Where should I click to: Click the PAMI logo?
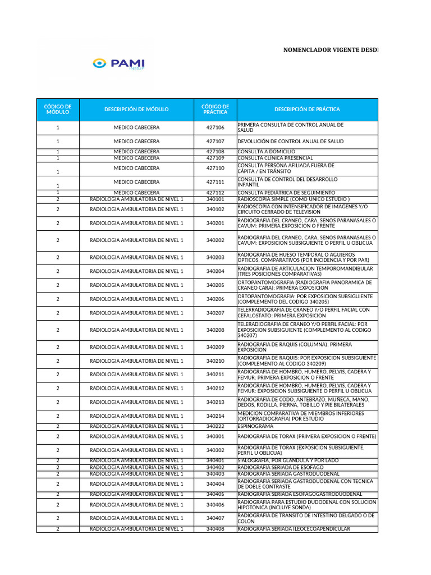point(118,63)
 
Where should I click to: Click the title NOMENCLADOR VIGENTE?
point(330,50)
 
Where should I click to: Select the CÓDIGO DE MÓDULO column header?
point(58,109)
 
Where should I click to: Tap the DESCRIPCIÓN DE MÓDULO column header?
point(136,109)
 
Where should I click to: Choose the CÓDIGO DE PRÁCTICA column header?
point(215,109)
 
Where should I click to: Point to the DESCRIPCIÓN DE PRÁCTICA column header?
point(307,109)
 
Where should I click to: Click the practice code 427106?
point(215,128)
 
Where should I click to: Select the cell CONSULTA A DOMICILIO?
point(267,152)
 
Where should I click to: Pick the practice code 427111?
point(215,182)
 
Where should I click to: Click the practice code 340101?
point(215,199)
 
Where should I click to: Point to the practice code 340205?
point(215,285)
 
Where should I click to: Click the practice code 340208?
point(215,330)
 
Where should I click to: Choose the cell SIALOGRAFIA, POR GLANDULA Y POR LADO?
point(288,460)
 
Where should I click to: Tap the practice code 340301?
point(215,436)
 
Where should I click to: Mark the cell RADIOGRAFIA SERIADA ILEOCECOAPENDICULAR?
point(294,529)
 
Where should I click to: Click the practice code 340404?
point(215,484)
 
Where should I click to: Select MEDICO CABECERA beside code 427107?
point(136,142)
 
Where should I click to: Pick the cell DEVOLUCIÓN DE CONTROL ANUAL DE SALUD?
point(291,142)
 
